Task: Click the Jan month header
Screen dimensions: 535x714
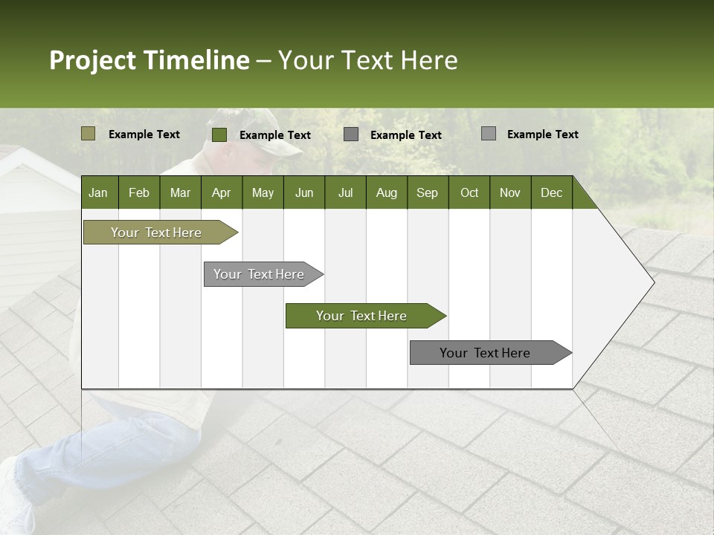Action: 98,192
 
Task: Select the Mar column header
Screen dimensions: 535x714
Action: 180,192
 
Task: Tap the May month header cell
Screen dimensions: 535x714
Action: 263,192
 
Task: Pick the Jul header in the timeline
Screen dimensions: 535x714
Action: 345,192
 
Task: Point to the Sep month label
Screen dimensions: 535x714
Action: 427,192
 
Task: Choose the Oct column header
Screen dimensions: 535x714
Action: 469,192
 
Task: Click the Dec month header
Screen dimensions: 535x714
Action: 551,192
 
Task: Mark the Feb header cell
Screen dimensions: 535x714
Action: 139,192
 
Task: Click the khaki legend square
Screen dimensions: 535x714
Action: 88,134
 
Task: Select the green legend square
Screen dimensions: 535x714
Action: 219,134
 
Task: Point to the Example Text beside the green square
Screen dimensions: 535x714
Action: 275,135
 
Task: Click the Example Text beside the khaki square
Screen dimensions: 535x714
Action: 144,134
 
